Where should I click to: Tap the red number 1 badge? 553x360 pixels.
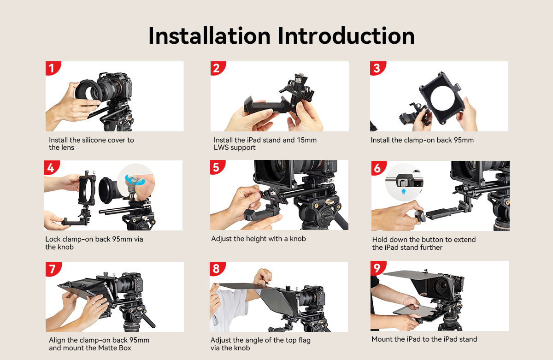pos(52,69)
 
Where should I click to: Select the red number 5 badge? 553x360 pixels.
pos(217,167)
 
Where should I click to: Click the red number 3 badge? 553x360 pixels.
pos(377,69)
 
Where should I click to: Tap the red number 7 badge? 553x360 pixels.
pos(52,269)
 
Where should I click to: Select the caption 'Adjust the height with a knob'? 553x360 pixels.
pos(259,239)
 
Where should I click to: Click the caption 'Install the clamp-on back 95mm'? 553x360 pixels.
pos(422,140)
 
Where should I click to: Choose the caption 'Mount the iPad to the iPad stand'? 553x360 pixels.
pos(424,339)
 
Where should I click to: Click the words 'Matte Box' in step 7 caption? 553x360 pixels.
pos(115,348)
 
